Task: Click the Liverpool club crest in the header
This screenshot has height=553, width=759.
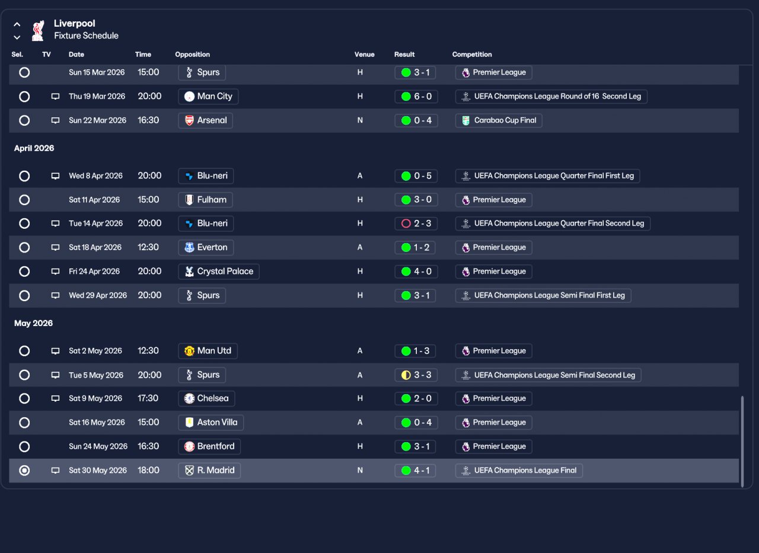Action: (38, 30)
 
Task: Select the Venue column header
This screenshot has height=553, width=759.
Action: (364, 55)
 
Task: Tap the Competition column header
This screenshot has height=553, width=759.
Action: (471, 55)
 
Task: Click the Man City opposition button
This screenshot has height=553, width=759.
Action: (208, 97)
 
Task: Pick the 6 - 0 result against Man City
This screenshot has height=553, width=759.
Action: (416, 97)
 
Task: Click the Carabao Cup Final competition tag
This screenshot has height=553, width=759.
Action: (499, 120)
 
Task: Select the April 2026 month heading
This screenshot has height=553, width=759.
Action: (34, 148)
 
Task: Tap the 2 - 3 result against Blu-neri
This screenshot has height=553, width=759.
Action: (416, 223)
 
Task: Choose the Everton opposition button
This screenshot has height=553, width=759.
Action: (206, 248)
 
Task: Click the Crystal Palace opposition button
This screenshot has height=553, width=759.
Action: (219, 271)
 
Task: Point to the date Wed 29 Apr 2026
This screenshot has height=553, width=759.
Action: (98, 295)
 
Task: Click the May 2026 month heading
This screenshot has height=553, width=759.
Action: (33, 324)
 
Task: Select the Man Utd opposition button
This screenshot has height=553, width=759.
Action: (208, 351)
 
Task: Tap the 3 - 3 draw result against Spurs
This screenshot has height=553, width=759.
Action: (416, 375)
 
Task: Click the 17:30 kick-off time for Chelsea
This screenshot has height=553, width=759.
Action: (148, 398)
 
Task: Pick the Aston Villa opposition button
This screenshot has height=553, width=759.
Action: (211, 423)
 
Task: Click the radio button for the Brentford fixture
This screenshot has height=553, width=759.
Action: (24, 447)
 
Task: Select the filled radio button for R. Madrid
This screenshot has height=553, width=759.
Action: (24, 471)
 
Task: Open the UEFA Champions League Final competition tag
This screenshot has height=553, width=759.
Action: (519, 471)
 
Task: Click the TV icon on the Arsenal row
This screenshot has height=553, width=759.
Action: (55, 120)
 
